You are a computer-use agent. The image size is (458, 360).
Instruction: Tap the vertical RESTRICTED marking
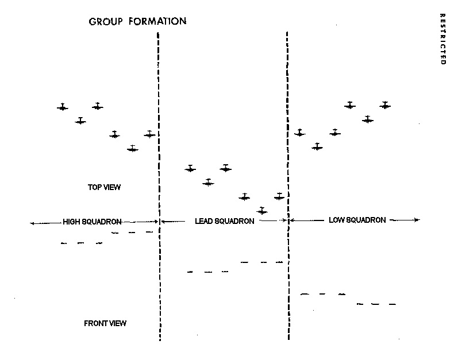pyautogui.click(x=442, y=38)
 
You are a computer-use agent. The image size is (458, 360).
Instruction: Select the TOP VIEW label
pyautogui.click(x=104, y=187)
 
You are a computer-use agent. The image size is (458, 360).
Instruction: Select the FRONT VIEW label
pyautogui.click(x=105, y=323)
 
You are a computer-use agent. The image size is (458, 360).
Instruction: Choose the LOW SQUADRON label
pyautogui.click(x=357, y=220)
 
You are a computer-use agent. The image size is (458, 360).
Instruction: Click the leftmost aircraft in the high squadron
pyautogui.click(x=63, y=107)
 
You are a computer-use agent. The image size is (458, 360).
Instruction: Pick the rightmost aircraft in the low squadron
pyautogui.click(x=385, y=106)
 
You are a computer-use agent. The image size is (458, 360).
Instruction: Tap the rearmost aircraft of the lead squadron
pyautogui.click(x=262, y=211)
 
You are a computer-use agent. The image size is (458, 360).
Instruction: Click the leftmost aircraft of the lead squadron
pyautogui.click(x=190, y=169)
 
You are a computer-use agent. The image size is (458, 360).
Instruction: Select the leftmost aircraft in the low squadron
pyautogui.click(x=299, y=133)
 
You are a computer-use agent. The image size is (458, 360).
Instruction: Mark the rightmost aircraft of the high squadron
pyautogui.click(x=150, y=134)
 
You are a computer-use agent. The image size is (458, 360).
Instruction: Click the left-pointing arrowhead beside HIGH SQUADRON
pyautogui.click(x=31, y=223)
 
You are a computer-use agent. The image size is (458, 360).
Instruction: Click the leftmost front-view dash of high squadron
pyautogui.click(x=64, y=243)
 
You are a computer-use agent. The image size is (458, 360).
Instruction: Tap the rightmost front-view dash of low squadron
pyautogui.click(x=392, y=304)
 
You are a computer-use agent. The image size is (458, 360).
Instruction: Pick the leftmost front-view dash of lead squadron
pyautogui.click(x=190, y=272)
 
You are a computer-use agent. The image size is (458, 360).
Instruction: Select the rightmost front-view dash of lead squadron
pyautogui.click(x=280, y=262)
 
